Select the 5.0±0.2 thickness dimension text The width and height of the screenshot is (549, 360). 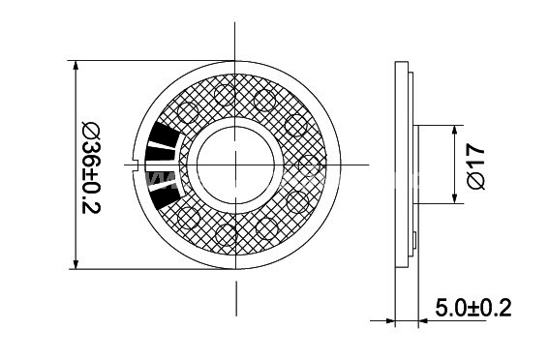[473, 309]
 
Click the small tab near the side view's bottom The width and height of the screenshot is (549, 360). [415, 237]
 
